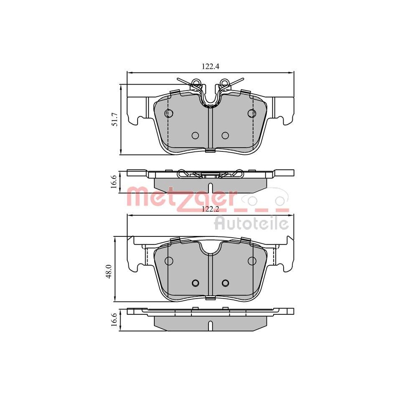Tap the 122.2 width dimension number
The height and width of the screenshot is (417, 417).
click(x=211, y=209)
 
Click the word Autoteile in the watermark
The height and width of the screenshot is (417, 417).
click(x=251, y=224)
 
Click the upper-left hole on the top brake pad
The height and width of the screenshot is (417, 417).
click(x=169, y=113)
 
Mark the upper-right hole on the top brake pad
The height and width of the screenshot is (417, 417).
click(x=251, y=113)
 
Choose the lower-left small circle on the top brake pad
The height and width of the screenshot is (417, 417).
click(x=195, y=135)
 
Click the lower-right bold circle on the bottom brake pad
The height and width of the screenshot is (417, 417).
click(x=225, y=283)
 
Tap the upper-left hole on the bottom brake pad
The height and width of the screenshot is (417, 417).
click(x=169, y=261)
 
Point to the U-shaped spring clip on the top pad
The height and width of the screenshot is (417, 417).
click(x=211, y=98)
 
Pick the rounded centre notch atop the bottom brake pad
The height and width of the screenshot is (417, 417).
click(x=211, y=248)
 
